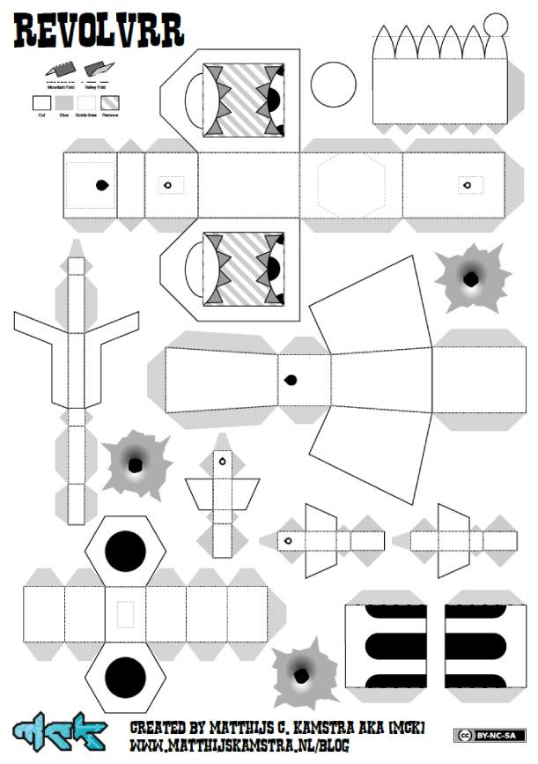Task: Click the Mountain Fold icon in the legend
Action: click(x=60, y=68)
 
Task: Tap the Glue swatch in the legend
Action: click(x=63, y=103)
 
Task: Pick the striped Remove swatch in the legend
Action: click(x=110, y=103)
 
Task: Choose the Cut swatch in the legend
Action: click(x=41, y=103)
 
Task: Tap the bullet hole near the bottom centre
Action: click(x=304, y=677)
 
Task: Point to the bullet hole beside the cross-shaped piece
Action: click(x=136, y=464)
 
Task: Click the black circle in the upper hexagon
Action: click(x=125, y=550)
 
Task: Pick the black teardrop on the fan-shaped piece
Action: click(x=290, y=380)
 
